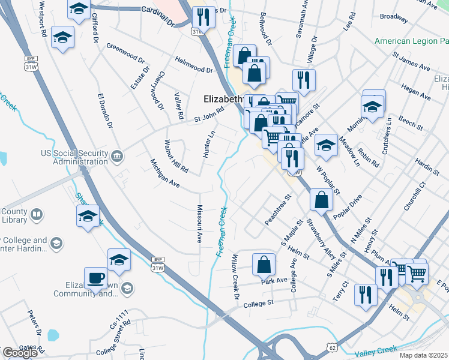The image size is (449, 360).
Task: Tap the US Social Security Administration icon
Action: [118, 157]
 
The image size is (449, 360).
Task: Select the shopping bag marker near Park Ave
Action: [264, 264]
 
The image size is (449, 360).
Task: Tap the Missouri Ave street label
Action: [200, 223]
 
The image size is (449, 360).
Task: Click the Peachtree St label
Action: [278, 209]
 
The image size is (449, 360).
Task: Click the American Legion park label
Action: [411, 41]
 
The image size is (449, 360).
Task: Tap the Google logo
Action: [20, 353]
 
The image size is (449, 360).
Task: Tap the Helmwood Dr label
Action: [194, 65]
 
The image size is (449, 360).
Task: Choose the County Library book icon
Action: [37, 214]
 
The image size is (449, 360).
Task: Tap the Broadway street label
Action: [394, 17]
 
